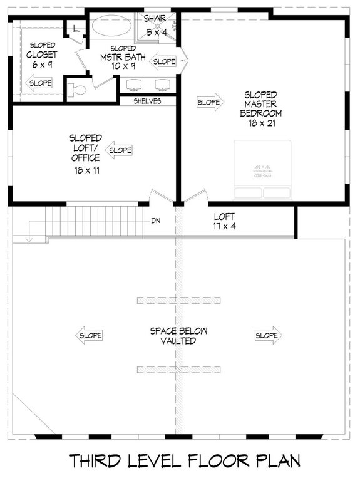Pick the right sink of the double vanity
(163, 85)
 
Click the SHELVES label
(148, 101)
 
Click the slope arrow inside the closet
(38, 83)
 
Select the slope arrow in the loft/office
(120, 150)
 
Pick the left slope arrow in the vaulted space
(89, 336)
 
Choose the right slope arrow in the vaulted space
(268, 336)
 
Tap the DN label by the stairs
(155, 221)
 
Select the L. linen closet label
(76, 29)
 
